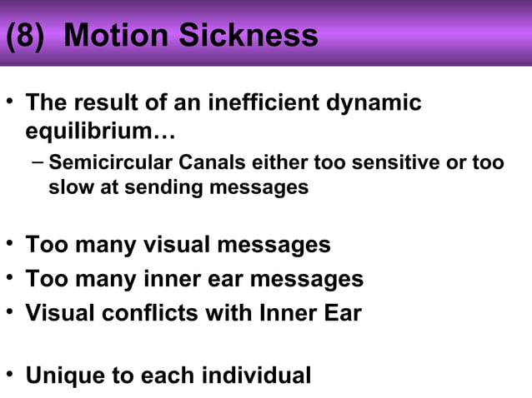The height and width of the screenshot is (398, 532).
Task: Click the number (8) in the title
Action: [x=27, y=36]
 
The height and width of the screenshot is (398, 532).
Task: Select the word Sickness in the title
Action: [x=252, y=36]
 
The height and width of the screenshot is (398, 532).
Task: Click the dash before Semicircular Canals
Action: [x=36, y=161]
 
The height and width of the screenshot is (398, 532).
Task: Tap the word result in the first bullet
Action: [x=101, y=104]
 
